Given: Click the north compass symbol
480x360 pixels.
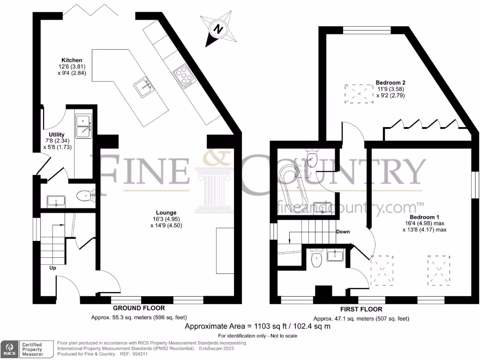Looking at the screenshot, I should click(218, 29).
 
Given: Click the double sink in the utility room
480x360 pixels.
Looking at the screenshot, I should click(84, 127).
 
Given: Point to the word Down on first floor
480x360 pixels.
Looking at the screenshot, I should click(343, 232).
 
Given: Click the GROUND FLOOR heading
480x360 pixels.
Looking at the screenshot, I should click(139, 308).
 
